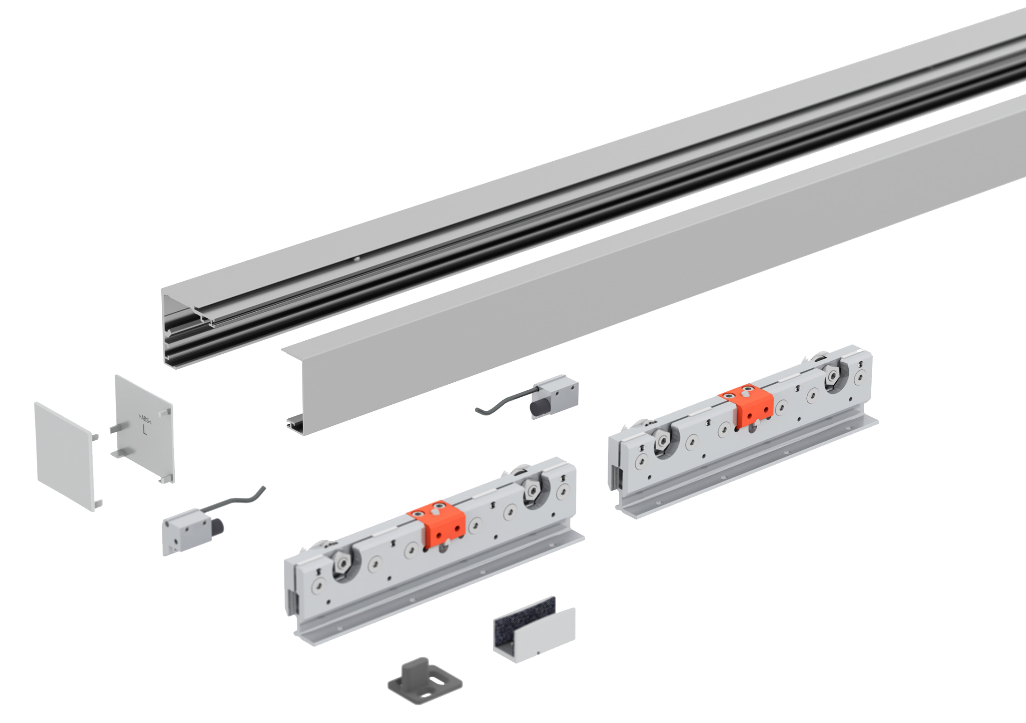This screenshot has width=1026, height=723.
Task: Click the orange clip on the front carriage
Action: [437, 524]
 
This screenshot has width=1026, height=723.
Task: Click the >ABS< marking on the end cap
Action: [145, 419]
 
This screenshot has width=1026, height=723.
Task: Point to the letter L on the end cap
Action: [145, 430]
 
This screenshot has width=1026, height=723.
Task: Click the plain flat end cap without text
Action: [66, 456]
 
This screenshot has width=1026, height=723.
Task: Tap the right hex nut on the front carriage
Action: [532, 490]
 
